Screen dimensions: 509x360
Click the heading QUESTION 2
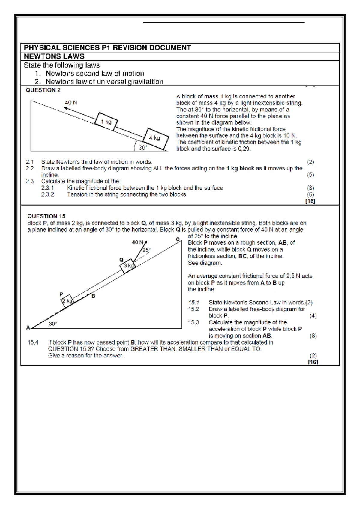(43, 90)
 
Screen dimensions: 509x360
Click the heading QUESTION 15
(46, 216)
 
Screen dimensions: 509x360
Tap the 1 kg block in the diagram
(106, 122)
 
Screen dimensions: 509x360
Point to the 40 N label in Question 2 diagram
(71, 103)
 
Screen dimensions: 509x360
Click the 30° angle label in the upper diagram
(143, 147)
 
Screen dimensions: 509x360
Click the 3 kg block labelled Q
(128, 266)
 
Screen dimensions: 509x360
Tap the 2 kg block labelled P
(67, 301)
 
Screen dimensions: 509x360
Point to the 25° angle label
(146, 250)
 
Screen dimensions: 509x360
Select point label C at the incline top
(178, 239)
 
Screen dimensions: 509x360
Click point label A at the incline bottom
(28, 327)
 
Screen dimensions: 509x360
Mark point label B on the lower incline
(93, 296)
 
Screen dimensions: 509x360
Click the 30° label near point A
(53, 324)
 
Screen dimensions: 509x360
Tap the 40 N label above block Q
(137, 242)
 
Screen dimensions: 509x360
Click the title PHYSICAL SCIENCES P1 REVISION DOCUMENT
(107, 48)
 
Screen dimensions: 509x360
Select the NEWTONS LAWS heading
(54, 56)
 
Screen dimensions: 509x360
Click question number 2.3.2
(48, 194)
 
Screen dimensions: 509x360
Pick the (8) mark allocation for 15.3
(313, 336)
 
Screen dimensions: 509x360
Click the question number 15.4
(33, 342)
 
